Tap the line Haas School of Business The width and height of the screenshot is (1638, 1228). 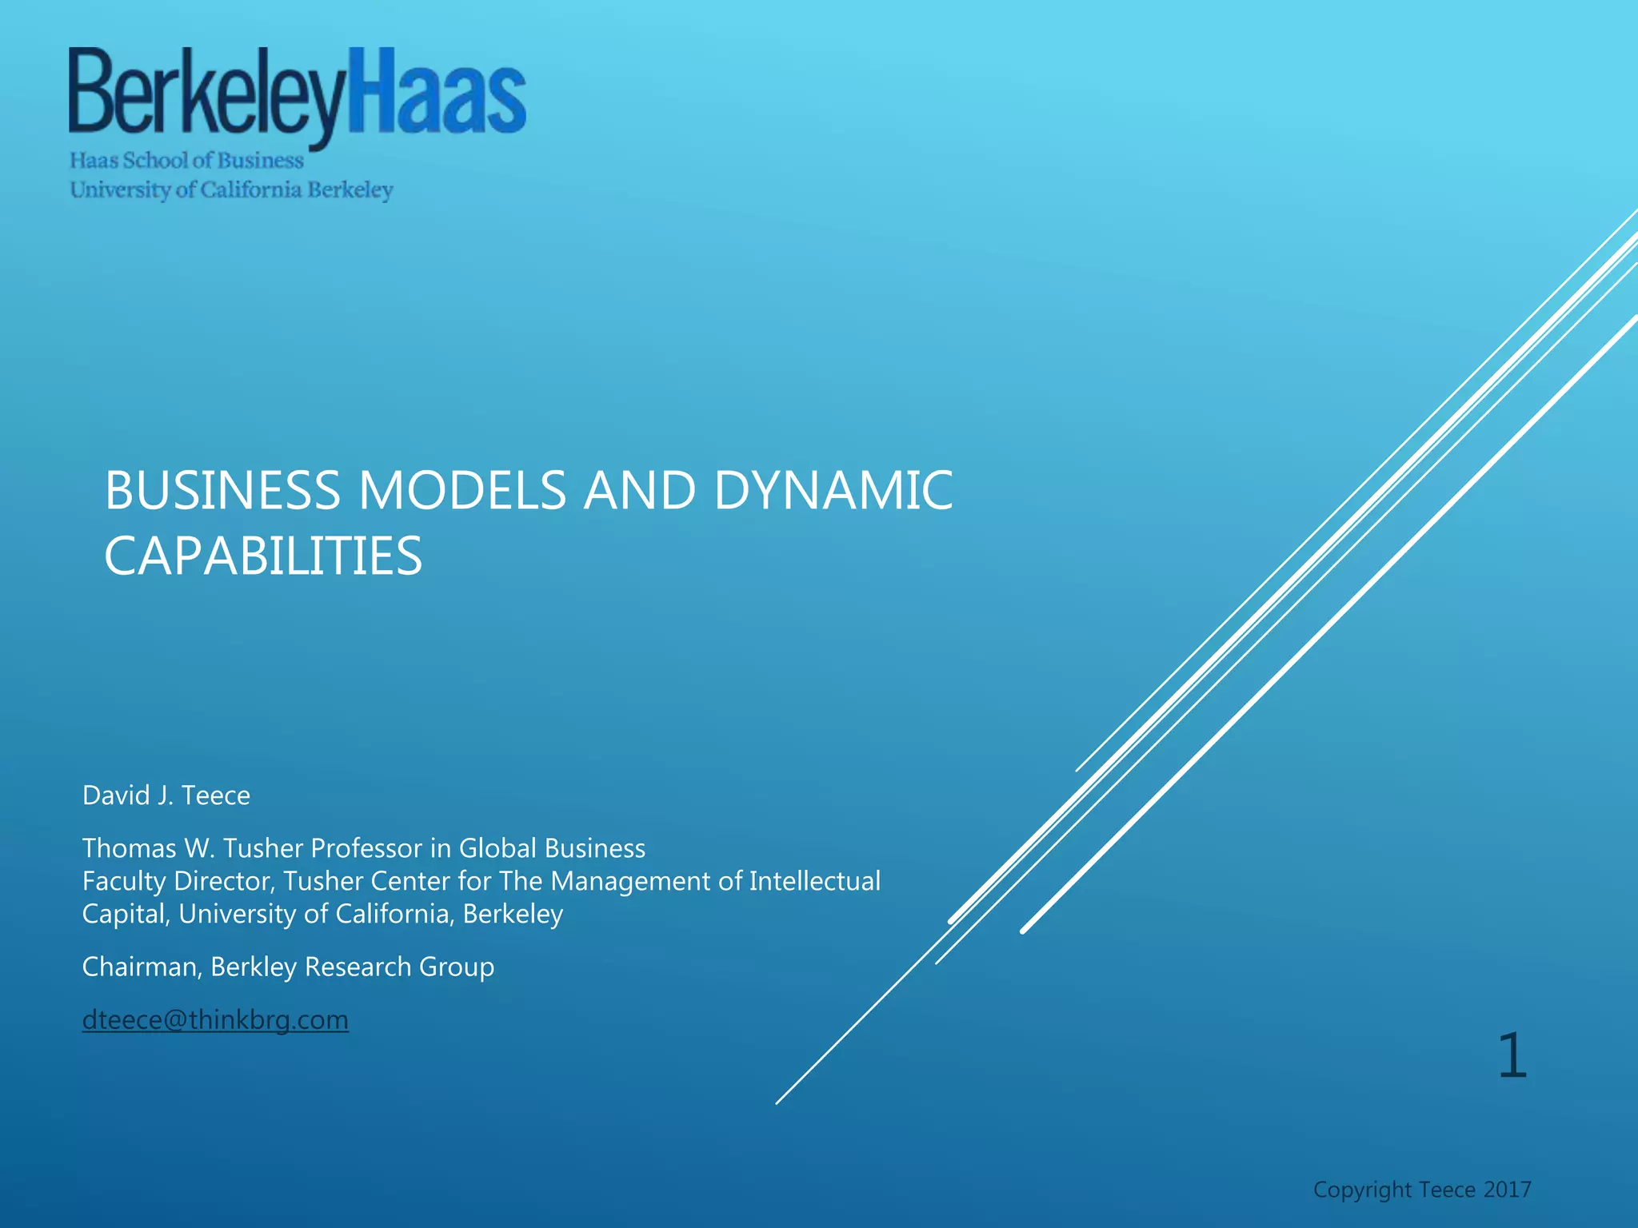(x=186, y=161)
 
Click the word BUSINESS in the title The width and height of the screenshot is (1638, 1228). (x=222, y=490)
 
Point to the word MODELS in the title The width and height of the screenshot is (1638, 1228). (x=462, y=490)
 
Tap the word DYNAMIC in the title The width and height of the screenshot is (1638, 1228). (x=833, y=490)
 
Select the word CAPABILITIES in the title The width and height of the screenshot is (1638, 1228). (x=263, y=556)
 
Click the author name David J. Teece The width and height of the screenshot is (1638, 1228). (x=166, y=795)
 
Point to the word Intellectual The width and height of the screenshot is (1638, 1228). (x=814, y=881)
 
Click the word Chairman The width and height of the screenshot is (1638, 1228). (x=141, y=967)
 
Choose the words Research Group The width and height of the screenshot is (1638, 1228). (x=399, y=967)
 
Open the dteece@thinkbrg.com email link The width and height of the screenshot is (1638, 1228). (x=215, y=1020)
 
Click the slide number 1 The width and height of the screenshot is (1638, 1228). (x=1512, y=1056)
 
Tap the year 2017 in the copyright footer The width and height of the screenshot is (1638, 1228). (x=1507, y=1190)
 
